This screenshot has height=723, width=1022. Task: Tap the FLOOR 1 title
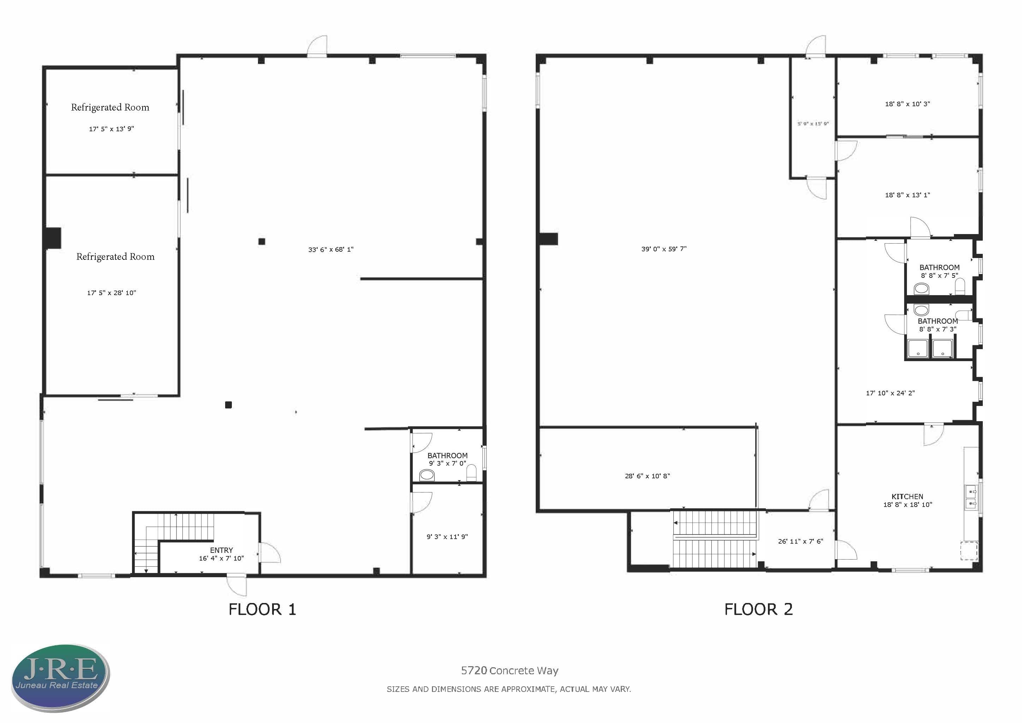[x=262, y=609]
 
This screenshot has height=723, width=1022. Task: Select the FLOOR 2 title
[x=758, y=609]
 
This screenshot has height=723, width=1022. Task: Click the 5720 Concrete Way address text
[x=510, y=670]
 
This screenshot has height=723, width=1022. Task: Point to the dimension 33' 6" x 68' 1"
[x=331, y=249]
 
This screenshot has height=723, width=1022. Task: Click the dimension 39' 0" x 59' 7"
[x=664, y=249]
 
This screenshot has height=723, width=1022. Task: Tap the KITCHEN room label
[x=907, y=496]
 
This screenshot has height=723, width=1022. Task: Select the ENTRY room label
[x=221, y=550]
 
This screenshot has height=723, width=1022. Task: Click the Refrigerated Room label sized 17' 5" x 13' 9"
[x=110, y=107]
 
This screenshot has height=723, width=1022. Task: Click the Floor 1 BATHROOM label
[x=447, y=455]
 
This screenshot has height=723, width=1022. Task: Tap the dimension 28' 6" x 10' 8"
[x=647, y=476]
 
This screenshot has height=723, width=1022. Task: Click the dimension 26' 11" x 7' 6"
[x=800, y=541]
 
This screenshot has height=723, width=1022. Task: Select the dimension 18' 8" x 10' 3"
[x=907, y=104]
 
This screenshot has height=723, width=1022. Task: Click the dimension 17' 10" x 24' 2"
[x=890, y=393]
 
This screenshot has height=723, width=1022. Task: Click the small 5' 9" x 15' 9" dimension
[x=813, y=124]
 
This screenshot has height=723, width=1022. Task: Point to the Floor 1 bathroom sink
[x=427, y=476]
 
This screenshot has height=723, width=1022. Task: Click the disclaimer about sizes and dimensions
[x=509, y=689]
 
